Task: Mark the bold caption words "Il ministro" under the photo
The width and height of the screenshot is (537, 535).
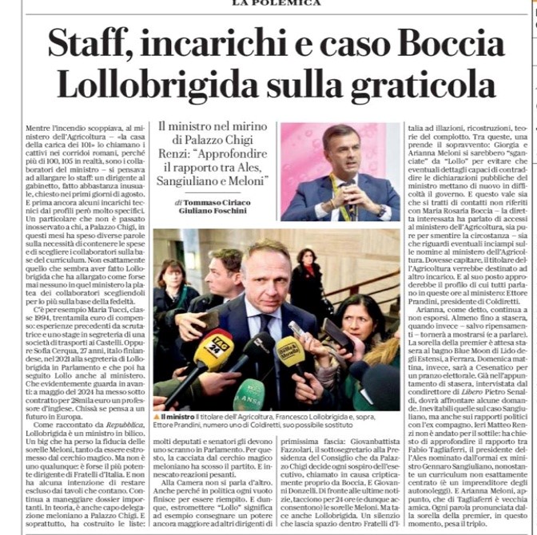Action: (177, 417)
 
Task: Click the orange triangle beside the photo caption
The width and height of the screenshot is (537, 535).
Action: (157, 417)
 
